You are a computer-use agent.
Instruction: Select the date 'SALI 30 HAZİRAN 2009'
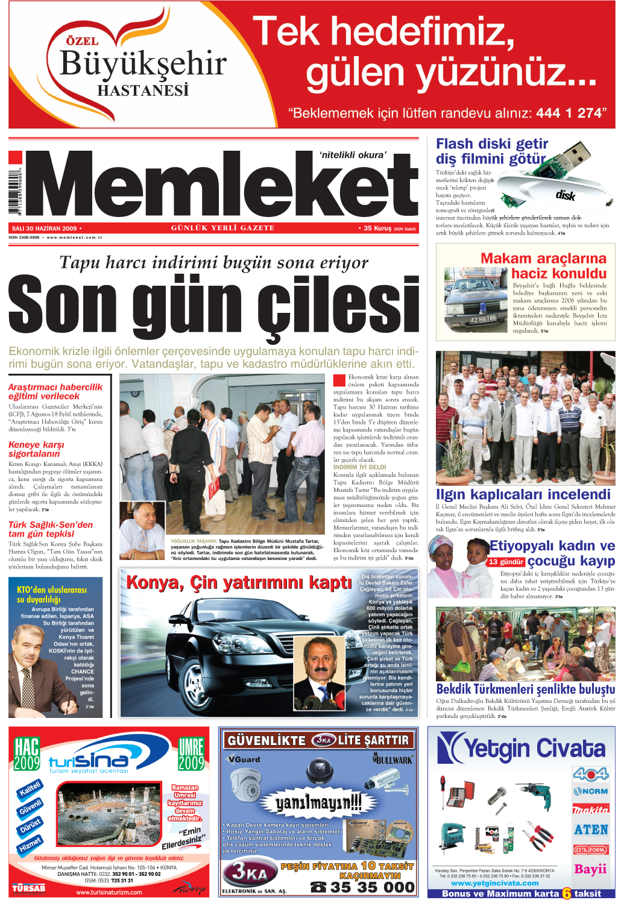(45, 228)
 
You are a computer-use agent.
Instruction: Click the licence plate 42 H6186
(483, 319)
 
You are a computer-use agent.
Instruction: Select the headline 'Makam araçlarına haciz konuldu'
(544, 266)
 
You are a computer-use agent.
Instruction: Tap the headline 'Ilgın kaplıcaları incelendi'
(523, 494)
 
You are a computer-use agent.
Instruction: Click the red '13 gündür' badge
(506, 561)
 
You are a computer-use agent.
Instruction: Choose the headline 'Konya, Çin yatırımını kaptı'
(239, 582)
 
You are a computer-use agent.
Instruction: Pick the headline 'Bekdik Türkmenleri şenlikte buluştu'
(525, 689)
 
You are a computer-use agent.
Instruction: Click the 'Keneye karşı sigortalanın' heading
(36, 449)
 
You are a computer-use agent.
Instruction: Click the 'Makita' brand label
(590, 810)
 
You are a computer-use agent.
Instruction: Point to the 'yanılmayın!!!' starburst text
(318, 802)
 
